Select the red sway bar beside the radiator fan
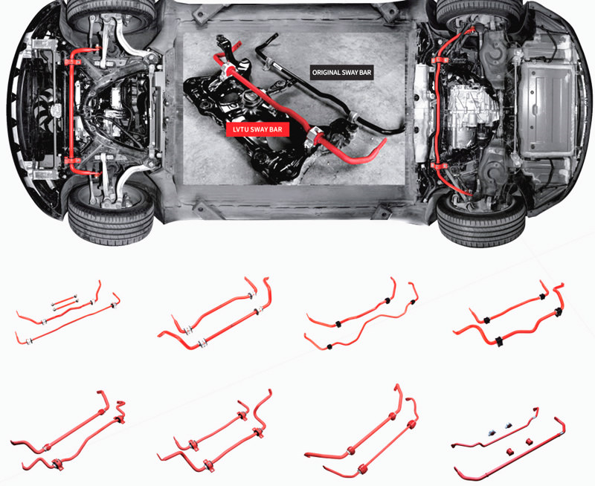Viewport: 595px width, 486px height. click(73, 104)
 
